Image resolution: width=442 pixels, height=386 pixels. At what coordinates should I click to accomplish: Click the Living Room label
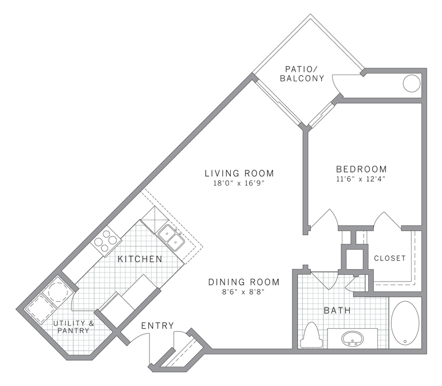(x=239, y=173)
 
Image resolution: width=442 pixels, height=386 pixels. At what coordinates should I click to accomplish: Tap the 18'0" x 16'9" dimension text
(x=239, y=184)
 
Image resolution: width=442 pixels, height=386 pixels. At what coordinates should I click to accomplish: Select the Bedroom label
(x=361, y=169)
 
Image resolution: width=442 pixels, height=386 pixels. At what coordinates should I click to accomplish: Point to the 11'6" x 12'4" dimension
(x=361, y=180)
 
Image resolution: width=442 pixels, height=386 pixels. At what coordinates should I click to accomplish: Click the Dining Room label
(x=243, y=282)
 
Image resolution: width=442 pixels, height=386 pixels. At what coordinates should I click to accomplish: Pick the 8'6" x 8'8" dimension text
(x=243, y=292)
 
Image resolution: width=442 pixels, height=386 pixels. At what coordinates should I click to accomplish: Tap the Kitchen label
(x=140, y=259)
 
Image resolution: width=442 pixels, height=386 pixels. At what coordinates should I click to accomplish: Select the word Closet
(x=389, y=258)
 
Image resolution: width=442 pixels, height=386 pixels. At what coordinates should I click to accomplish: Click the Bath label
(x=337, y=311)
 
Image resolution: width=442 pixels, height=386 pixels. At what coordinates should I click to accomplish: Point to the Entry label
(x=157, y=326)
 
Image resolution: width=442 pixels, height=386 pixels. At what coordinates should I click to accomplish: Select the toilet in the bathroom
(x=311, y=335)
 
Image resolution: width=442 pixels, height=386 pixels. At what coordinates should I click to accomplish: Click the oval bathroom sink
(x=352, y=339)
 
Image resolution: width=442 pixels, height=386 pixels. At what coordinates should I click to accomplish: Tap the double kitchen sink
(x=171, y=238)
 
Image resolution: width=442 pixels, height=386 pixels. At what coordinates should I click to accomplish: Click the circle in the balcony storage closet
(x=412, y=84)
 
